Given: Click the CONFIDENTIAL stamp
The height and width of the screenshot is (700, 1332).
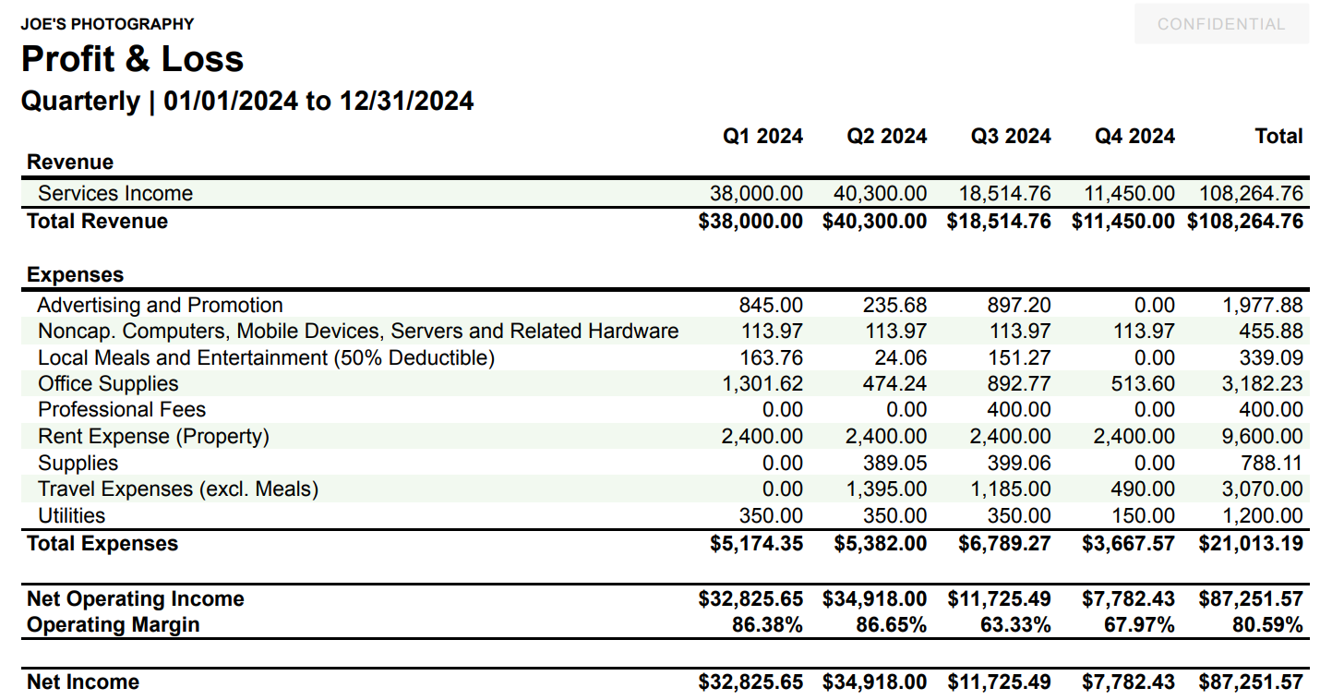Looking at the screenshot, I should (x=1220, y=24).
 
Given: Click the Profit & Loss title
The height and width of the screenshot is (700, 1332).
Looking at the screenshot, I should (x=132, y=59).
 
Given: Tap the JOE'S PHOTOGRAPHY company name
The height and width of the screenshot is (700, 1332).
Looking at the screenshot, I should (x=107, y=24).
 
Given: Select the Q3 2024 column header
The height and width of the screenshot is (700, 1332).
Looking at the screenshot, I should (x=1010, y=137).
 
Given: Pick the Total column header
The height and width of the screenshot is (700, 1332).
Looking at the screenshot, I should (x=1278, y=137).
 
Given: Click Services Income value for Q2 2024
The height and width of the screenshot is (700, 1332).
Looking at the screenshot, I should (x=880, y=194).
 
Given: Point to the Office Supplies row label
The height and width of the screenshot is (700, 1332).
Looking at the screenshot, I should (x=108, y=384).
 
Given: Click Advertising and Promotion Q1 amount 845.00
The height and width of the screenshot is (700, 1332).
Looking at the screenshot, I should (x=771, y=306).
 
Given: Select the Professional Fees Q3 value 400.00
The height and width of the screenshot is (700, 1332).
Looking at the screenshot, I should (x=1018, y=410).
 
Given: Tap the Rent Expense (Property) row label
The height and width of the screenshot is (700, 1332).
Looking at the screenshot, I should (x=153, y=437).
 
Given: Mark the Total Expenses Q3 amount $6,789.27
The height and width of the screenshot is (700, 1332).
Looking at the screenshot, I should (x=1004, y=544).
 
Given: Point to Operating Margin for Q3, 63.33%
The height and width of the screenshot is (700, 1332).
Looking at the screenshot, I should (x=1015, y=625).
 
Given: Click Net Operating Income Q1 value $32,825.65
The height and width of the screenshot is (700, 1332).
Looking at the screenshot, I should (x=750, y=599).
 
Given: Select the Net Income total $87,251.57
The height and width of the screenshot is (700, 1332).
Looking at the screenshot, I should (x=1251, y=682).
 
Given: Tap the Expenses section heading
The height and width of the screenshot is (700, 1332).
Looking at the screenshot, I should (x=75, y=275).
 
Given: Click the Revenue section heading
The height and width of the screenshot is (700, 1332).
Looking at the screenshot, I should (x=70, y=163).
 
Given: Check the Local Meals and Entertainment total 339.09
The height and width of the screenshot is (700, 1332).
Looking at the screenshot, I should (x=1270, y=358).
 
